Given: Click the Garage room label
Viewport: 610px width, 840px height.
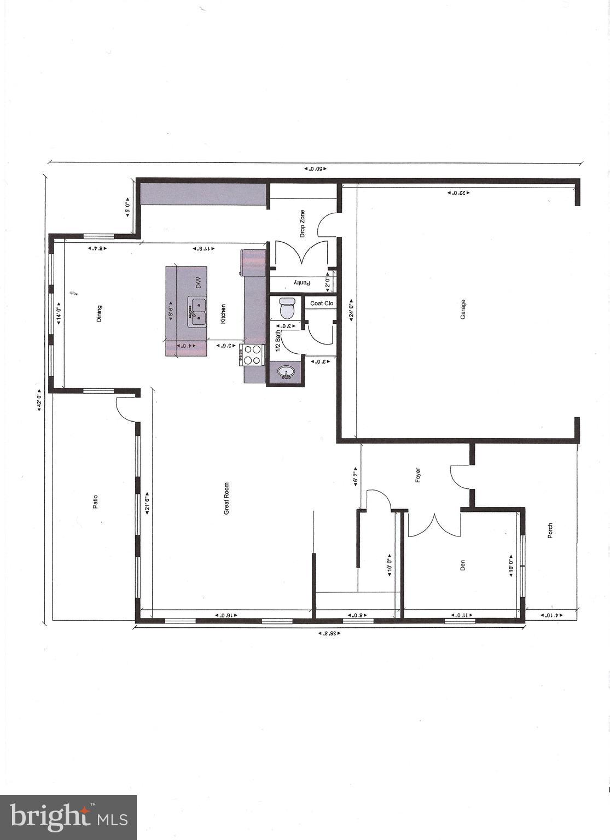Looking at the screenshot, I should pyautogui.click(x=463, y=309).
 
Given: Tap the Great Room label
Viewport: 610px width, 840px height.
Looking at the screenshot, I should pyautogui.click(x=226, y=498).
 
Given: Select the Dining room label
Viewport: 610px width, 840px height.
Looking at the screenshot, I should pyautogui.click(x=100, y=313).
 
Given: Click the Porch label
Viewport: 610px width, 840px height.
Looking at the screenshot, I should pyautogui.click(x=550, y=530).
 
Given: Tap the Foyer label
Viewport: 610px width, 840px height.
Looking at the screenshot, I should pyautogui.click(x=418, y=476).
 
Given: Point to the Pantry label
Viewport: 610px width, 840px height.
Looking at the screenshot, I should pyautogui.click(x=301, y=283).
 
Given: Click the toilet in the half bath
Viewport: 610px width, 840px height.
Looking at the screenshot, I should pyautogui.click(x=287, y=308).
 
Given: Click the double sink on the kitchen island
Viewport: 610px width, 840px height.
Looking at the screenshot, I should pyautogui.click(x=197, y=312).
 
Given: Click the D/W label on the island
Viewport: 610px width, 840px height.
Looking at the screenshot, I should pyautogui.click(x=199, y=283).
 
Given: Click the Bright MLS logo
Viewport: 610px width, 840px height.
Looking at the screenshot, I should pyautogui.click(x=68, y=817).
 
